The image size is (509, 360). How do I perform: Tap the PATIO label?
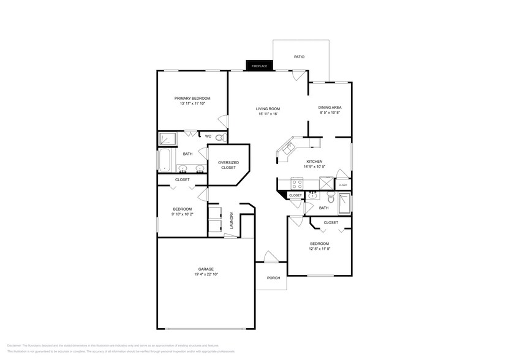pos(299,56)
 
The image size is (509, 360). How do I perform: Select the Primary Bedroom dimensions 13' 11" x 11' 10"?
pos(192,104)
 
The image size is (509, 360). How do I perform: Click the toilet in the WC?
pos(221,137)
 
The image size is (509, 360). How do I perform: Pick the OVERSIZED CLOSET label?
pos(228,165)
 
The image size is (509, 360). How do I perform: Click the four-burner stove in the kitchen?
pos(296,183)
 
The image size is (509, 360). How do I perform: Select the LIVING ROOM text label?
pos(268,108)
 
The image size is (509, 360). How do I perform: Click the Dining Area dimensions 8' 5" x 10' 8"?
pos(330,113)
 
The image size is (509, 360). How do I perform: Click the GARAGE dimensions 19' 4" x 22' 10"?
pos(205,274)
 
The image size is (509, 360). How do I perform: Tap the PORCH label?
pos(273,278)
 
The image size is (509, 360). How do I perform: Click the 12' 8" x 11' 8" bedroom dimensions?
pos(319,249)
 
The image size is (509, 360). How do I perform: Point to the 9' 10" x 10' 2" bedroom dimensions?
pos(181,214)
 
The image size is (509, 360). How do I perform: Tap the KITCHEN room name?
pos(314,162)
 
